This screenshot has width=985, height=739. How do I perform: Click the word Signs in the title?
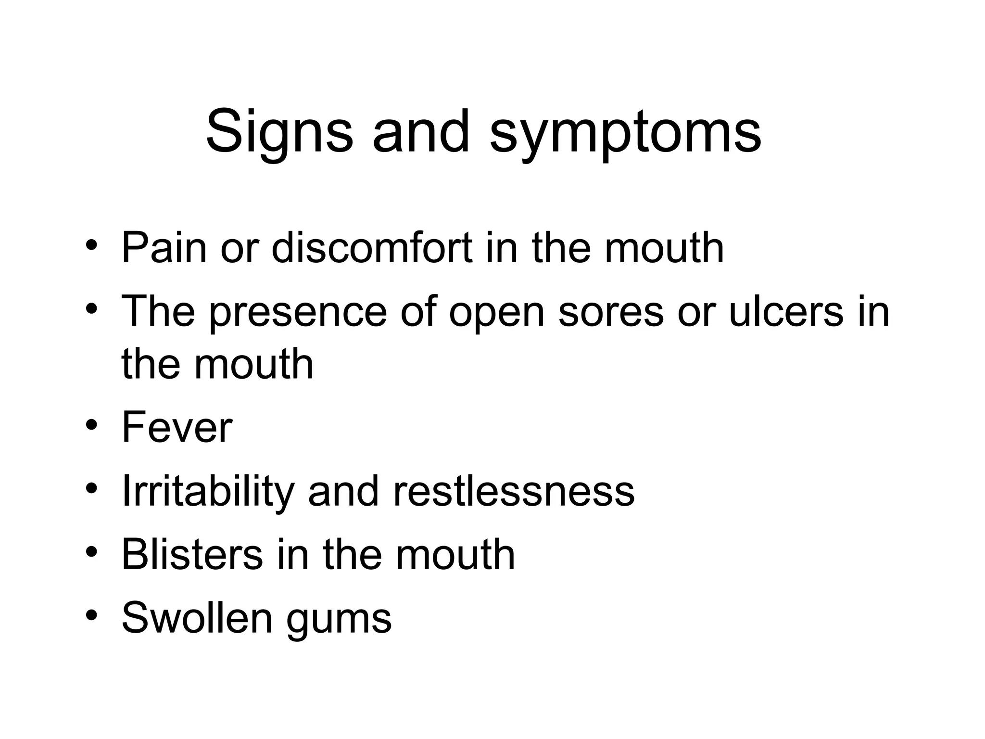point(279,132)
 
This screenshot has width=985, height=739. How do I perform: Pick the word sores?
point(611,313)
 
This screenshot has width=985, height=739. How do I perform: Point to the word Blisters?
point(192,554)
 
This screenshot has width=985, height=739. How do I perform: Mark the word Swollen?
point(197,618)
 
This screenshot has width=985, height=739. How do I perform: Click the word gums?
point(339,621)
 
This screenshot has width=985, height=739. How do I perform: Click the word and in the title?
point(420,132)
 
